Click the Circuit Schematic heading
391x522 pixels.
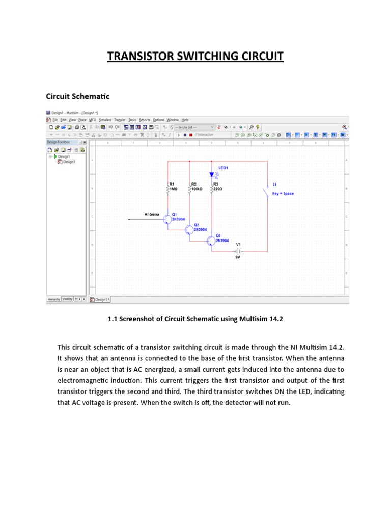coord(78,96)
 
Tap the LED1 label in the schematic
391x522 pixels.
coord(224,168)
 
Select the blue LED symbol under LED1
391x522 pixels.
coord(212,175)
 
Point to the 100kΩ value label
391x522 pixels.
coord(197,189)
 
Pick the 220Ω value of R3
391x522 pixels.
coord(217,189)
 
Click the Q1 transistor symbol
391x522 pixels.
coord(167,219)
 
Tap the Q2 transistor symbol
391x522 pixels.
coord(189,230)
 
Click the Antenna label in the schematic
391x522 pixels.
coord(152,214)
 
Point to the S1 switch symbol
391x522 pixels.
coord(266,192)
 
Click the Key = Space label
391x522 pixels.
coord(283,194)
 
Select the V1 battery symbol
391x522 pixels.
coord(238,251)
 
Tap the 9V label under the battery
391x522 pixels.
coord(238,258)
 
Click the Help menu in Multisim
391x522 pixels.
coord(185,120)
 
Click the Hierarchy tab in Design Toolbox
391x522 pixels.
coord(54,299)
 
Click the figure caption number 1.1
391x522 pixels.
coord(113,319)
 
